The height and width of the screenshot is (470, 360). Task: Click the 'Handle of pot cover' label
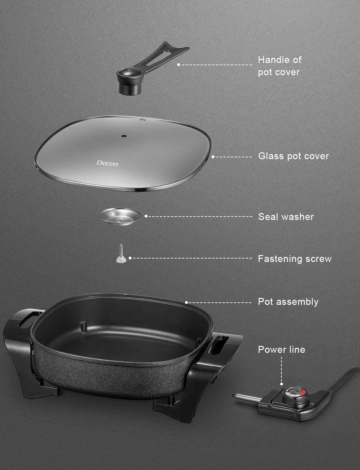[x=280, y=66]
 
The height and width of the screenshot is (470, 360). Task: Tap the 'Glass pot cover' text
[x=293, y=156]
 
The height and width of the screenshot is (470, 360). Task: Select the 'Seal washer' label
[x=286, y=217]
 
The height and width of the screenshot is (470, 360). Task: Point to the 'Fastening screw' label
[x=295, y=259]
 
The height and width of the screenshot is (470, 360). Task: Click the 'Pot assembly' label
[x=288, y=302]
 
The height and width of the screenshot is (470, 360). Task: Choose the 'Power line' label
[x=281, y=350]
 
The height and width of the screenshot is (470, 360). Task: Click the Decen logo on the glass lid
[x=107, y=163]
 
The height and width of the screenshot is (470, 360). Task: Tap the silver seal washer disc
[x=120, y=217]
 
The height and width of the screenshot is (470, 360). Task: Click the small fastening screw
[x=121, y=254]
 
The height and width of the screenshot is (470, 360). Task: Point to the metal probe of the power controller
[x=247, y=397]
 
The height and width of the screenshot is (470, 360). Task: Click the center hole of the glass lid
[x=124, y=136]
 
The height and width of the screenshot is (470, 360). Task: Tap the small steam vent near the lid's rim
[x=142, y=120]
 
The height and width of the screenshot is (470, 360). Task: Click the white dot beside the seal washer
[x=146, y=216]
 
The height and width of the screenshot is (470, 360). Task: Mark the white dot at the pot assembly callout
[x=186, y=303]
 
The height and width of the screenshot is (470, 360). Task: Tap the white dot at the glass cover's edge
[x=213, y=157]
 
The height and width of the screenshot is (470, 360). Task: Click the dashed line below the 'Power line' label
[x=281, y=370]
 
